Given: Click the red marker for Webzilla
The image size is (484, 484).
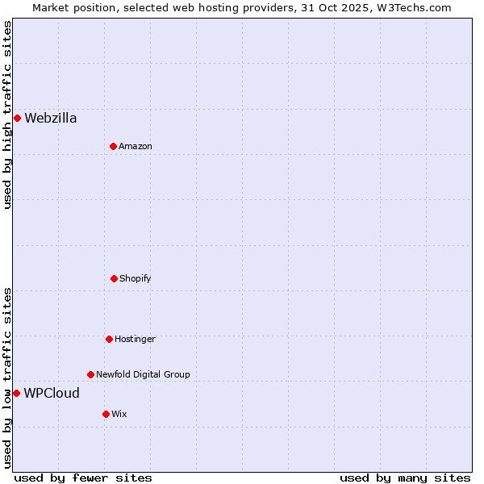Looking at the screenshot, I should [x=17, y=119].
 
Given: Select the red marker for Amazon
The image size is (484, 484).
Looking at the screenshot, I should [x=113, y=146].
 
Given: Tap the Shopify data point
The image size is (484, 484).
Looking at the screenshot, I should [x=114, y=278].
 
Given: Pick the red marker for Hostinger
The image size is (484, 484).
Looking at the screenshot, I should [x=109, y=339].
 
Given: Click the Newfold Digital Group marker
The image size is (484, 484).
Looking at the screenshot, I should [x=90, y=374].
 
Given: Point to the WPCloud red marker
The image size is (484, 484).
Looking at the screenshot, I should [x=16, y=393].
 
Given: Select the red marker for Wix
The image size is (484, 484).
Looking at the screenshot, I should [x=106, y=414].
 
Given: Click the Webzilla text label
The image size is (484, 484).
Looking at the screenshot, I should [x=51, y=119].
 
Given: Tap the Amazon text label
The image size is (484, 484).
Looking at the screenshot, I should [x=136, y=146].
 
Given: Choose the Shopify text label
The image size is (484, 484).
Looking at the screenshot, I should [x=136, y=278].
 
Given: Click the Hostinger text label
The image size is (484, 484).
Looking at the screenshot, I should [x=135, y=339].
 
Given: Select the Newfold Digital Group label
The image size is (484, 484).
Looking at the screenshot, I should [x=143, y=374].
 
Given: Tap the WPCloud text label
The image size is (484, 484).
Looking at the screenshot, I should [x=52, y=394].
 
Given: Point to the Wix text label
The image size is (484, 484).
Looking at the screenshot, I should [x=119, y=414].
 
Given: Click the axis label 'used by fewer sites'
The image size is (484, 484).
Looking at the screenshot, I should [x=83, y=478].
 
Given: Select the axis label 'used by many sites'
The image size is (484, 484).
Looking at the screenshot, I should [x=405, y=478].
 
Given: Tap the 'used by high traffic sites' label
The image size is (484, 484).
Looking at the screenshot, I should [x=7, y=115].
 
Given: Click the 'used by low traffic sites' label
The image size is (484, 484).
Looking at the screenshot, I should [x=7, y=378].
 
